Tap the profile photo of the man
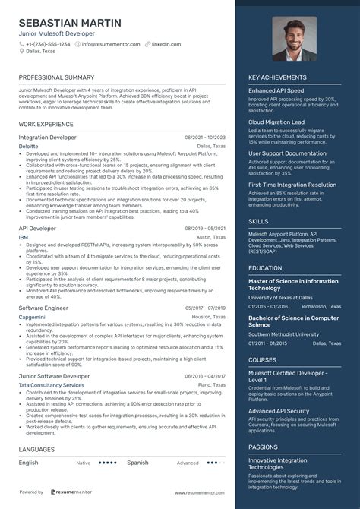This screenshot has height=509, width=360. tap(294, 38)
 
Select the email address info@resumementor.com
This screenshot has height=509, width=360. tap(111, 44)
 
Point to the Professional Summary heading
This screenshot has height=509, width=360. tap(56, 78)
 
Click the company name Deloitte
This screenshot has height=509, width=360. tap(28, 145)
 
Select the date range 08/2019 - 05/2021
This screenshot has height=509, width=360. tap(204, 228)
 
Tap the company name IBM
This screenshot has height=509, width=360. tap(24, 237)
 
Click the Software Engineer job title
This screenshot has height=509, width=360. tap(43, 308)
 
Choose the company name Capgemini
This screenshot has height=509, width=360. tap(32, 317)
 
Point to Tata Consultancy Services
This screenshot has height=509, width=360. tap(51, 385)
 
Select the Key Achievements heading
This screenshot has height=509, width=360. tap(279, 77)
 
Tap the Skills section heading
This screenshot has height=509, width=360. tap(257, 221)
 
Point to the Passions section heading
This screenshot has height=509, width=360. tap(263, 448)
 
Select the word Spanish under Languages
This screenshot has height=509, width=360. tap(137, 462)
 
